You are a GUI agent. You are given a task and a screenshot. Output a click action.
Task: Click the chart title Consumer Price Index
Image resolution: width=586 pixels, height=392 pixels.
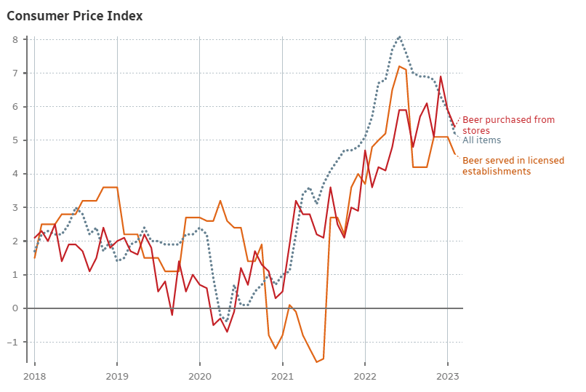pyautogui.click(x=75, y=16)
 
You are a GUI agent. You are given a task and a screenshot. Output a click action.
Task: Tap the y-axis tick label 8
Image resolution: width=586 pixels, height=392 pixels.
pyautogui.click(x=14, y=39)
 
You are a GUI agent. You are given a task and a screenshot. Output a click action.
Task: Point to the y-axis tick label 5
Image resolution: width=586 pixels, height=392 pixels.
pyautogui.click(x=14, y=140)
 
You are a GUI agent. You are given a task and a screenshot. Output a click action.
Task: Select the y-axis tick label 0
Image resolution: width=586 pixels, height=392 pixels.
pyautogui.click(x=14, y=308)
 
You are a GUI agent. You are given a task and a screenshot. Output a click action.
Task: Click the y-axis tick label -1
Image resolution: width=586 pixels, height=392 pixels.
pyautogui.click(x=12, y=342)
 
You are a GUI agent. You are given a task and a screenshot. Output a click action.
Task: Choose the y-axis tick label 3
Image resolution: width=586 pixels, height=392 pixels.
pyautogui.click(x=14, y=207)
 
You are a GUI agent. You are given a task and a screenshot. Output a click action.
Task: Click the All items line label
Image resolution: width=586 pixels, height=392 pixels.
pyautogui.click(x=481, y=140)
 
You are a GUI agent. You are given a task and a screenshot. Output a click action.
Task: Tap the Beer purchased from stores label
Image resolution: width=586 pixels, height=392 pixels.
pyautogui.click(x=508, y=125)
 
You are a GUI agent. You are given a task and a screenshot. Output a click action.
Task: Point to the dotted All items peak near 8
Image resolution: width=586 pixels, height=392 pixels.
pyautogui.click(x=399, y=37)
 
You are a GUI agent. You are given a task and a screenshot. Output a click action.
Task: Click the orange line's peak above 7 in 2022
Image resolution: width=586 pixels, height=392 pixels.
pyautogui.click(x=399, y=66)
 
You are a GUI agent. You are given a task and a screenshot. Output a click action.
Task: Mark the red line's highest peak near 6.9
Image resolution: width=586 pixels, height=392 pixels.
pyautogui.click(x=441, y=76)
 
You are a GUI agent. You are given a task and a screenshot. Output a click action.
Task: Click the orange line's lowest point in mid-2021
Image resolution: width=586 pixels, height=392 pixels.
pyautogui.click(x=316, y=361)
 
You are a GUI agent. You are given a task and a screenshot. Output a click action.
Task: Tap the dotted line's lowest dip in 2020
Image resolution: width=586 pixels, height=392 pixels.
pyautogui.click(x=226, y=321)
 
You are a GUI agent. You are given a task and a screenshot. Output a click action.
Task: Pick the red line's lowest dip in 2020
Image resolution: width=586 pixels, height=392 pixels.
pyautogui.click(x=227, y=332)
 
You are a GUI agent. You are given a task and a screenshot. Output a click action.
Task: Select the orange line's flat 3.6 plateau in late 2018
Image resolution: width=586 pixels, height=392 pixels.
pyautogui.click(x=110, y=188)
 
